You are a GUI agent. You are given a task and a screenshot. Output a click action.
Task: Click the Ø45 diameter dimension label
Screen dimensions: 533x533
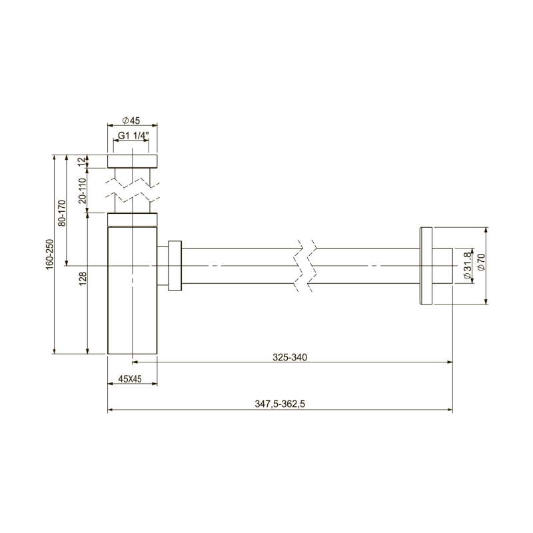click(131, 121)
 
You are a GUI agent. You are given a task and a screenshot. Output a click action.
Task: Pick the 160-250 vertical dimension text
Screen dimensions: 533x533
click(49, 255)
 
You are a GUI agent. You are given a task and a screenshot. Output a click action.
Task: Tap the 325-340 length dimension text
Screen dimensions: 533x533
click(289, 357)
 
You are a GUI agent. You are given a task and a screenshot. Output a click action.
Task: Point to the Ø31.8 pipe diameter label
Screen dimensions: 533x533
click(466, 266)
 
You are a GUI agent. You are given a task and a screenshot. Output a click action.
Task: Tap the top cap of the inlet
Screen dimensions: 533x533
click(133, 161)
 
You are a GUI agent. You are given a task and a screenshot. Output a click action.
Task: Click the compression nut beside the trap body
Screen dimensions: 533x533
click(175, 266)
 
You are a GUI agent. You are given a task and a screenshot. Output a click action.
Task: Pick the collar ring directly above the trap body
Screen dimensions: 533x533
click(133, 220)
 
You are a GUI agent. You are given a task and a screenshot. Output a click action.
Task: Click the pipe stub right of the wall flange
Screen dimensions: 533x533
click(443, 266)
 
